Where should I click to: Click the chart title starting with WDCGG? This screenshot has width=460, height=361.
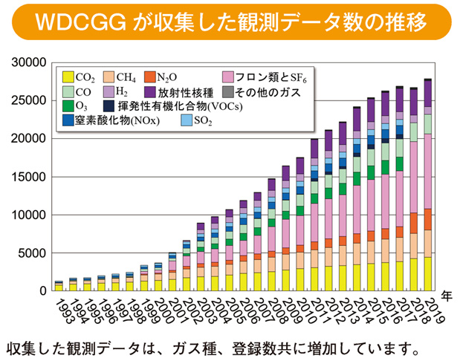[x=230, y=22]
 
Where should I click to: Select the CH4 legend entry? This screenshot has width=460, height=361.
[x=123, y=77]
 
